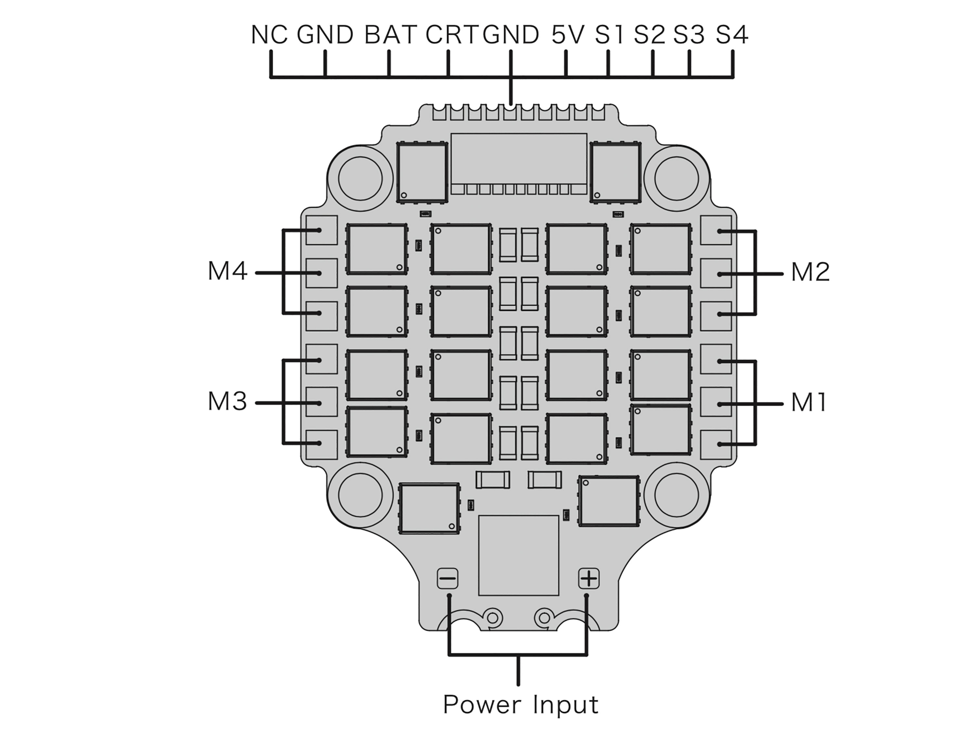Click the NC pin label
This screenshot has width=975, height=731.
click(269, 35)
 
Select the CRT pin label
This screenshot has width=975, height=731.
click(451, 35)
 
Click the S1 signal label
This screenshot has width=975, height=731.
click(609, 35)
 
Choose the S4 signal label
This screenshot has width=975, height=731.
click(732, 35)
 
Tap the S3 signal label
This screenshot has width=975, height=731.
click(688, 35)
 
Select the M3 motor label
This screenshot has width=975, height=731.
click(227, 402)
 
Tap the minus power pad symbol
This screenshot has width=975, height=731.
click(448, 579)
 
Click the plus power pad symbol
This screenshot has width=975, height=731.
click(589, 579)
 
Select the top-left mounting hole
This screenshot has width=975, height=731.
click(360, 178)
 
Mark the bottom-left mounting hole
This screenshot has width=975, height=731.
click(360, 495)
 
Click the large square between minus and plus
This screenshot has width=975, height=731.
click(518, 555)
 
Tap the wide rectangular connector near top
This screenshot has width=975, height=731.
click(519, 159)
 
